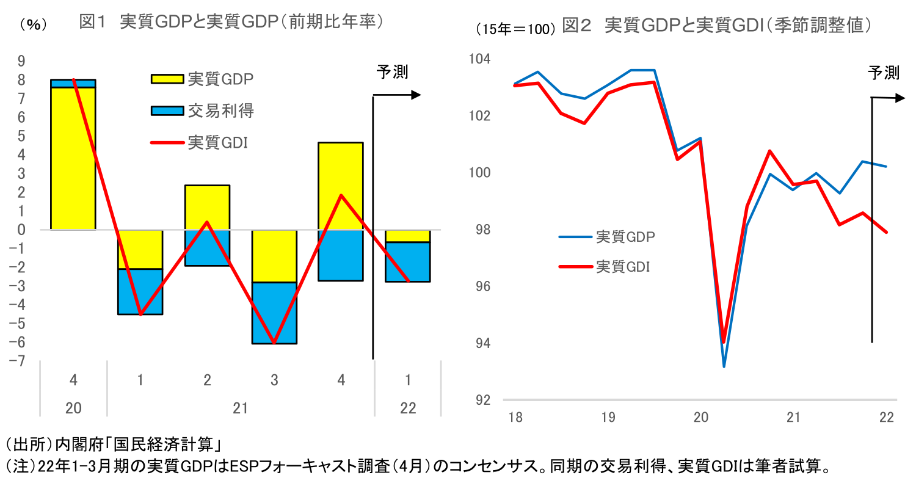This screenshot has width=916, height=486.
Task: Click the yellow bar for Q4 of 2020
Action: (x=73, y=159)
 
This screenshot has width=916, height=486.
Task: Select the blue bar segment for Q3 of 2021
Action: (x=274, y=313)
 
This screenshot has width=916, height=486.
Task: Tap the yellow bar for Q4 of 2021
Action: (x=341, y=186)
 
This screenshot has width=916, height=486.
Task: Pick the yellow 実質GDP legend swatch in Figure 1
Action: (x=167, y=79)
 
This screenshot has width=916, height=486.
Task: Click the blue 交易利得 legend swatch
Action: (x=167, y=111)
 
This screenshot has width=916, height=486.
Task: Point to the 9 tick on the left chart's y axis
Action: (x=21, y=60)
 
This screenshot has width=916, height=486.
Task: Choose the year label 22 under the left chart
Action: (x=408, y=408)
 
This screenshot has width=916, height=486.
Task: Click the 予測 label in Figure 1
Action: (x=392, y=72)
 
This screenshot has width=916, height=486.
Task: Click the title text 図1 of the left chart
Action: (x=92, y=23)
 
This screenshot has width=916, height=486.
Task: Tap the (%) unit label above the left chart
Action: (x=31, y=25)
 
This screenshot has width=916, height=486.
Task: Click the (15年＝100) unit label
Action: (x=515, y=29)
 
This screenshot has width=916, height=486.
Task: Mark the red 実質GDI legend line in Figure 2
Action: (x=575, y=266)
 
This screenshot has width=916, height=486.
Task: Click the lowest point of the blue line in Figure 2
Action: (x=724, y=366)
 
